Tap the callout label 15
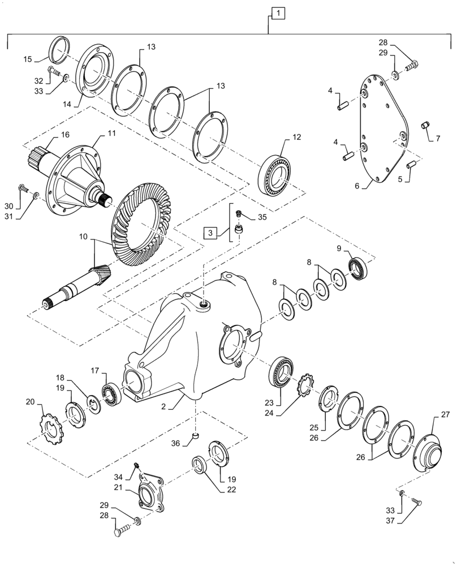coord(28,58)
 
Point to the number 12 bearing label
coord(298,137)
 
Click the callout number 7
coord(437,139)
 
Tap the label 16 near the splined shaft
coord(65,135)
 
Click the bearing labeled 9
coord(357,267)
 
